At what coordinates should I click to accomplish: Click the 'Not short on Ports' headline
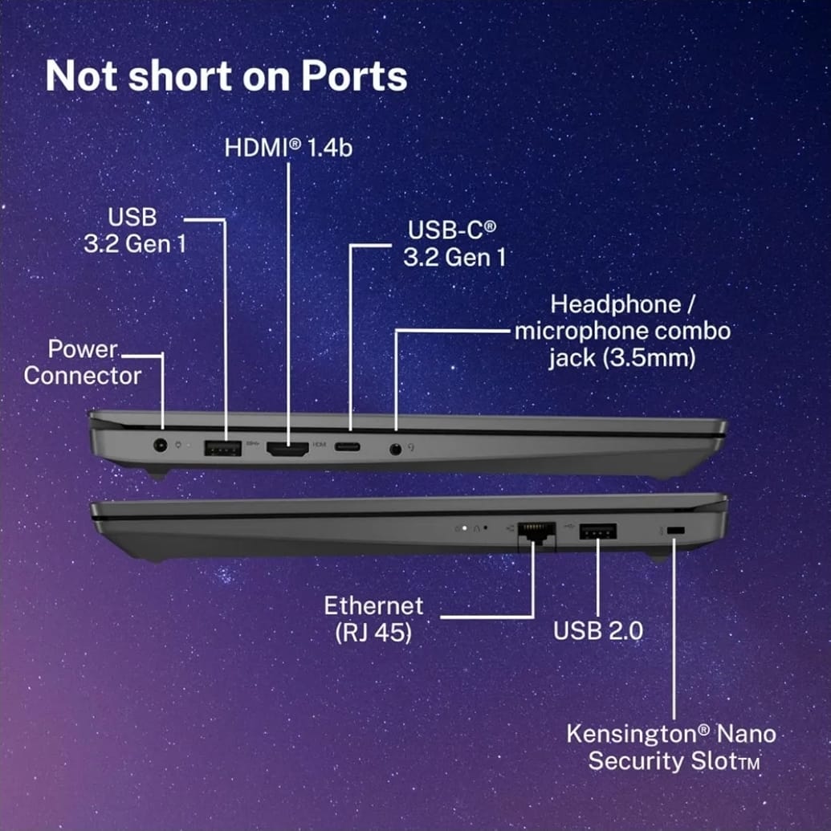coord(226,75)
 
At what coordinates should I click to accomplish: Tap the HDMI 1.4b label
coord(288,148)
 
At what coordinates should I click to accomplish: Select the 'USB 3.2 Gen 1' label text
coord(135,230)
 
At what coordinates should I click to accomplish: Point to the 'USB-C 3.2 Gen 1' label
coord(454,244)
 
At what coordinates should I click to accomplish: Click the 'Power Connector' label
coord(83,362)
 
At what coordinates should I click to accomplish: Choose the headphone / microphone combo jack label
coord(622,332)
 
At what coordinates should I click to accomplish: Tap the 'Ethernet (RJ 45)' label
coord(373,619)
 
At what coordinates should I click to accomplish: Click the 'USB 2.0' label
coord(598,630)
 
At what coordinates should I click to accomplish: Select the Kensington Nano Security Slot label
coord(671,747)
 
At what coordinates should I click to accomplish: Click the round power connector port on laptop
coord(160,445)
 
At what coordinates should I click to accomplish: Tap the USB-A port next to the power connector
coord(222,448)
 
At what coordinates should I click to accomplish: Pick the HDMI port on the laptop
coord(287,449)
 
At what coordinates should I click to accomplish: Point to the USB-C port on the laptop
coord(347,446)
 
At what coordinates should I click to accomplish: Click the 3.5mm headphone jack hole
coord(395,450)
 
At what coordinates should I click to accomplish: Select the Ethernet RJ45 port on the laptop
coord(536,532)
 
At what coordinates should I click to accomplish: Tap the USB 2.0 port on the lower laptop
coord(598,531)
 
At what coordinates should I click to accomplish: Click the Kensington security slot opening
coord(676,531)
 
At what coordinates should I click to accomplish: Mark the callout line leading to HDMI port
coord(288,304)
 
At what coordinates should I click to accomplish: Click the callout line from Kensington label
coord(674,629)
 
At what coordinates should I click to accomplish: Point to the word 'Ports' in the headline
coord(354,75)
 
